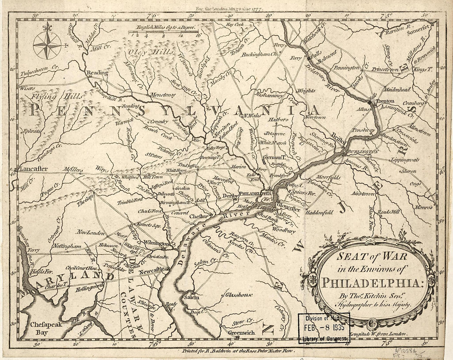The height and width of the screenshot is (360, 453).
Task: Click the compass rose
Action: click(47, 45)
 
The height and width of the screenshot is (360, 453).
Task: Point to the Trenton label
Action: click(385, 101)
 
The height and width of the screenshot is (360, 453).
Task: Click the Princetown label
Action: click(385, 70)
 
